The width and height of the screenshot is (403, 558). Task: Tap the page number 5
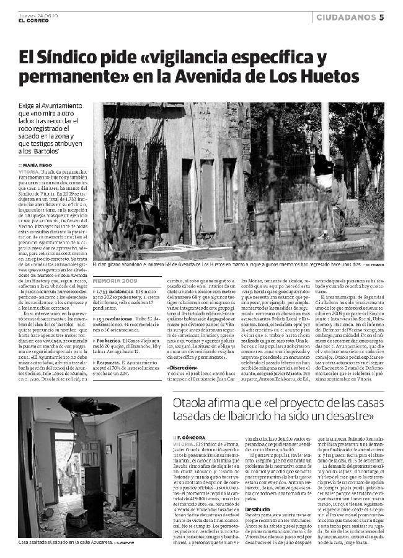coord(382,17)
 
